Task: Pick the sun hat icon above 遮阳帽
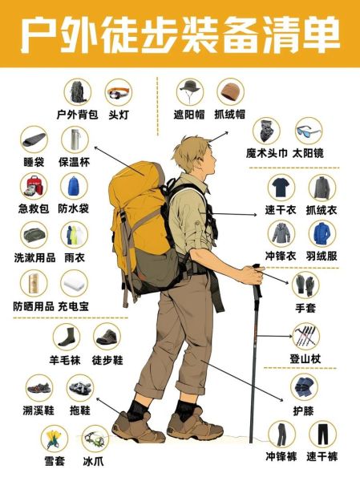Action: [x=191, y=91]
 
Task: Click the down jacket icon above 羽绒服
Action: [x=322, y=233]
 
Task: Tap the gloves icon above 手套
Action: [x=305, y=284]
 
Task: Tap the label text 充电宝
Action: [x=74, y=306]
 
